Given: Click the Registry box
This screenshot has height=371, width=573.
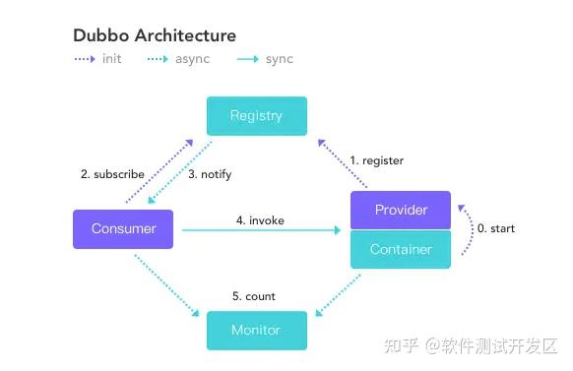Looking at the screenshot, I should point(256,115).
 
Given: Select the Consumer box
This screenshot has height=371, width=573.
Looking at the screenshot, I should point(123,228).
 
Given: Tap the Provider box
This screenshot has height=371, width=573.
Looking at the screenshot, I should point(401,210).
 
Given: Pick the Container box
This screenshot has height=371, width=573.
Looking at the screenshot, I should point(401,249).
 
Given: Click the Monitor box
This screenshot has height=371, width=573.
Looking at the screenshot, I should point(256,330).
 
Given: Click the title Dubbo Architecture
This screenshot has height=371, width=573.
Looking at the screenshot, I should point(155,35).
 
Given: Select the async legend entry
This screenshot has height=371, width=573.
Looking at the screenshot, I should point(183,59).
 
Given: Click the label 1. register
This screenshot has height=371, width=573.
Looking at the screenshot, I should point(377,160).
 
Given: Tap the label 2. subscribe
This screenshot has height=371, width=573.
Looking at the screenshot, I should point(112,174).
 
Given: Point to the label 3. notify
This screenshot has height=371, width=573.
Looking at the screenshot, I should point(210,174).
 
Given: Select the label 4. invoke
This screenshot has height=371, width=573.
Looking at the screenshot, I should point(260,220).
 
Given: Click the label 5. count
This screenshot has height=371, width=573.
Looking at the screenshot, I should point(254,295).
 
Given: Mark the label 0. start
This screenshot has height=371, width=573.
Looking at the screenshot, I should point(495,228).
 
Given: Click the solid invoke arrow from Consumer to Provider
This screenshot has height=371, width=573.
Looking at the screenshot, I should point(261,231).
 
